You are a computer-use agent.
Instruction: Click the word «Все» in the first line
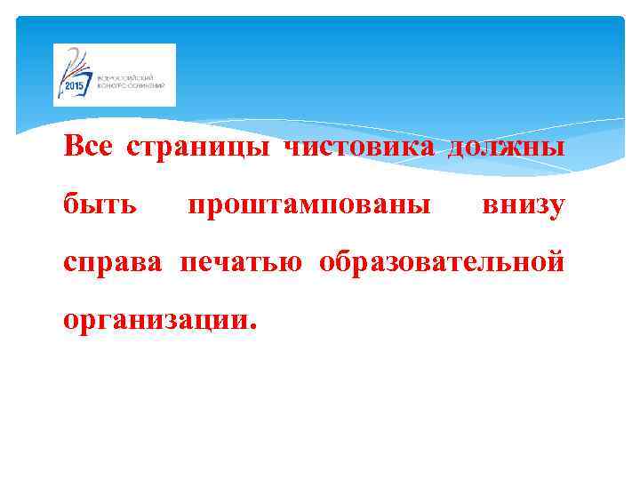point(87,146)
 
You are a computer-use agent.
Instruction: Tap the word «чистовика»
point(359,147)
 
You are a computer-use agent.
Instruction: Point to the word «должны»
point(505,148)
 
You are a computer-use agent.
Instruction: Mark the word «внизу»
point(523,206)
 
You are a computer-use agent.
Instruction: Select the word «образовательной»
point(442,264)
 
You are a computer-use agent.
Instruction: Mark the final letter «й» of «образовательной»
point(556,263)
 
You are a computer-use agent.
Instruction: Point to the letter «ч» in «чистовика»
point(291,148)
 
